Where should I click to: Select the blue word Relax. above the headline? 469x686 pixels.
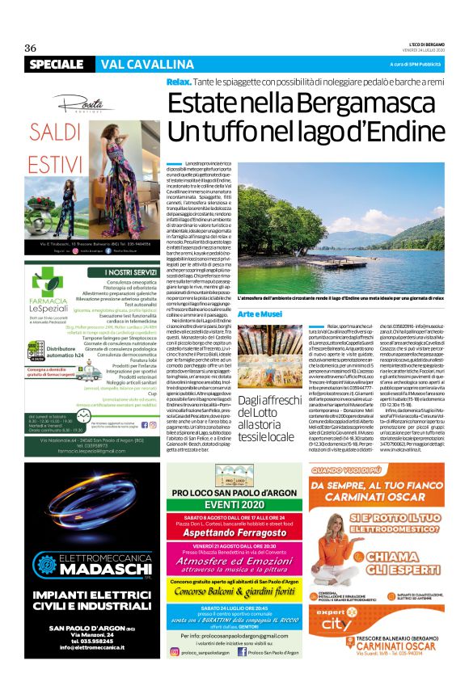[179, 83]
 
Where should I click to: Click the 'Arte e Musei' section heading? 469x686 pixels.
[237, 314]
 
